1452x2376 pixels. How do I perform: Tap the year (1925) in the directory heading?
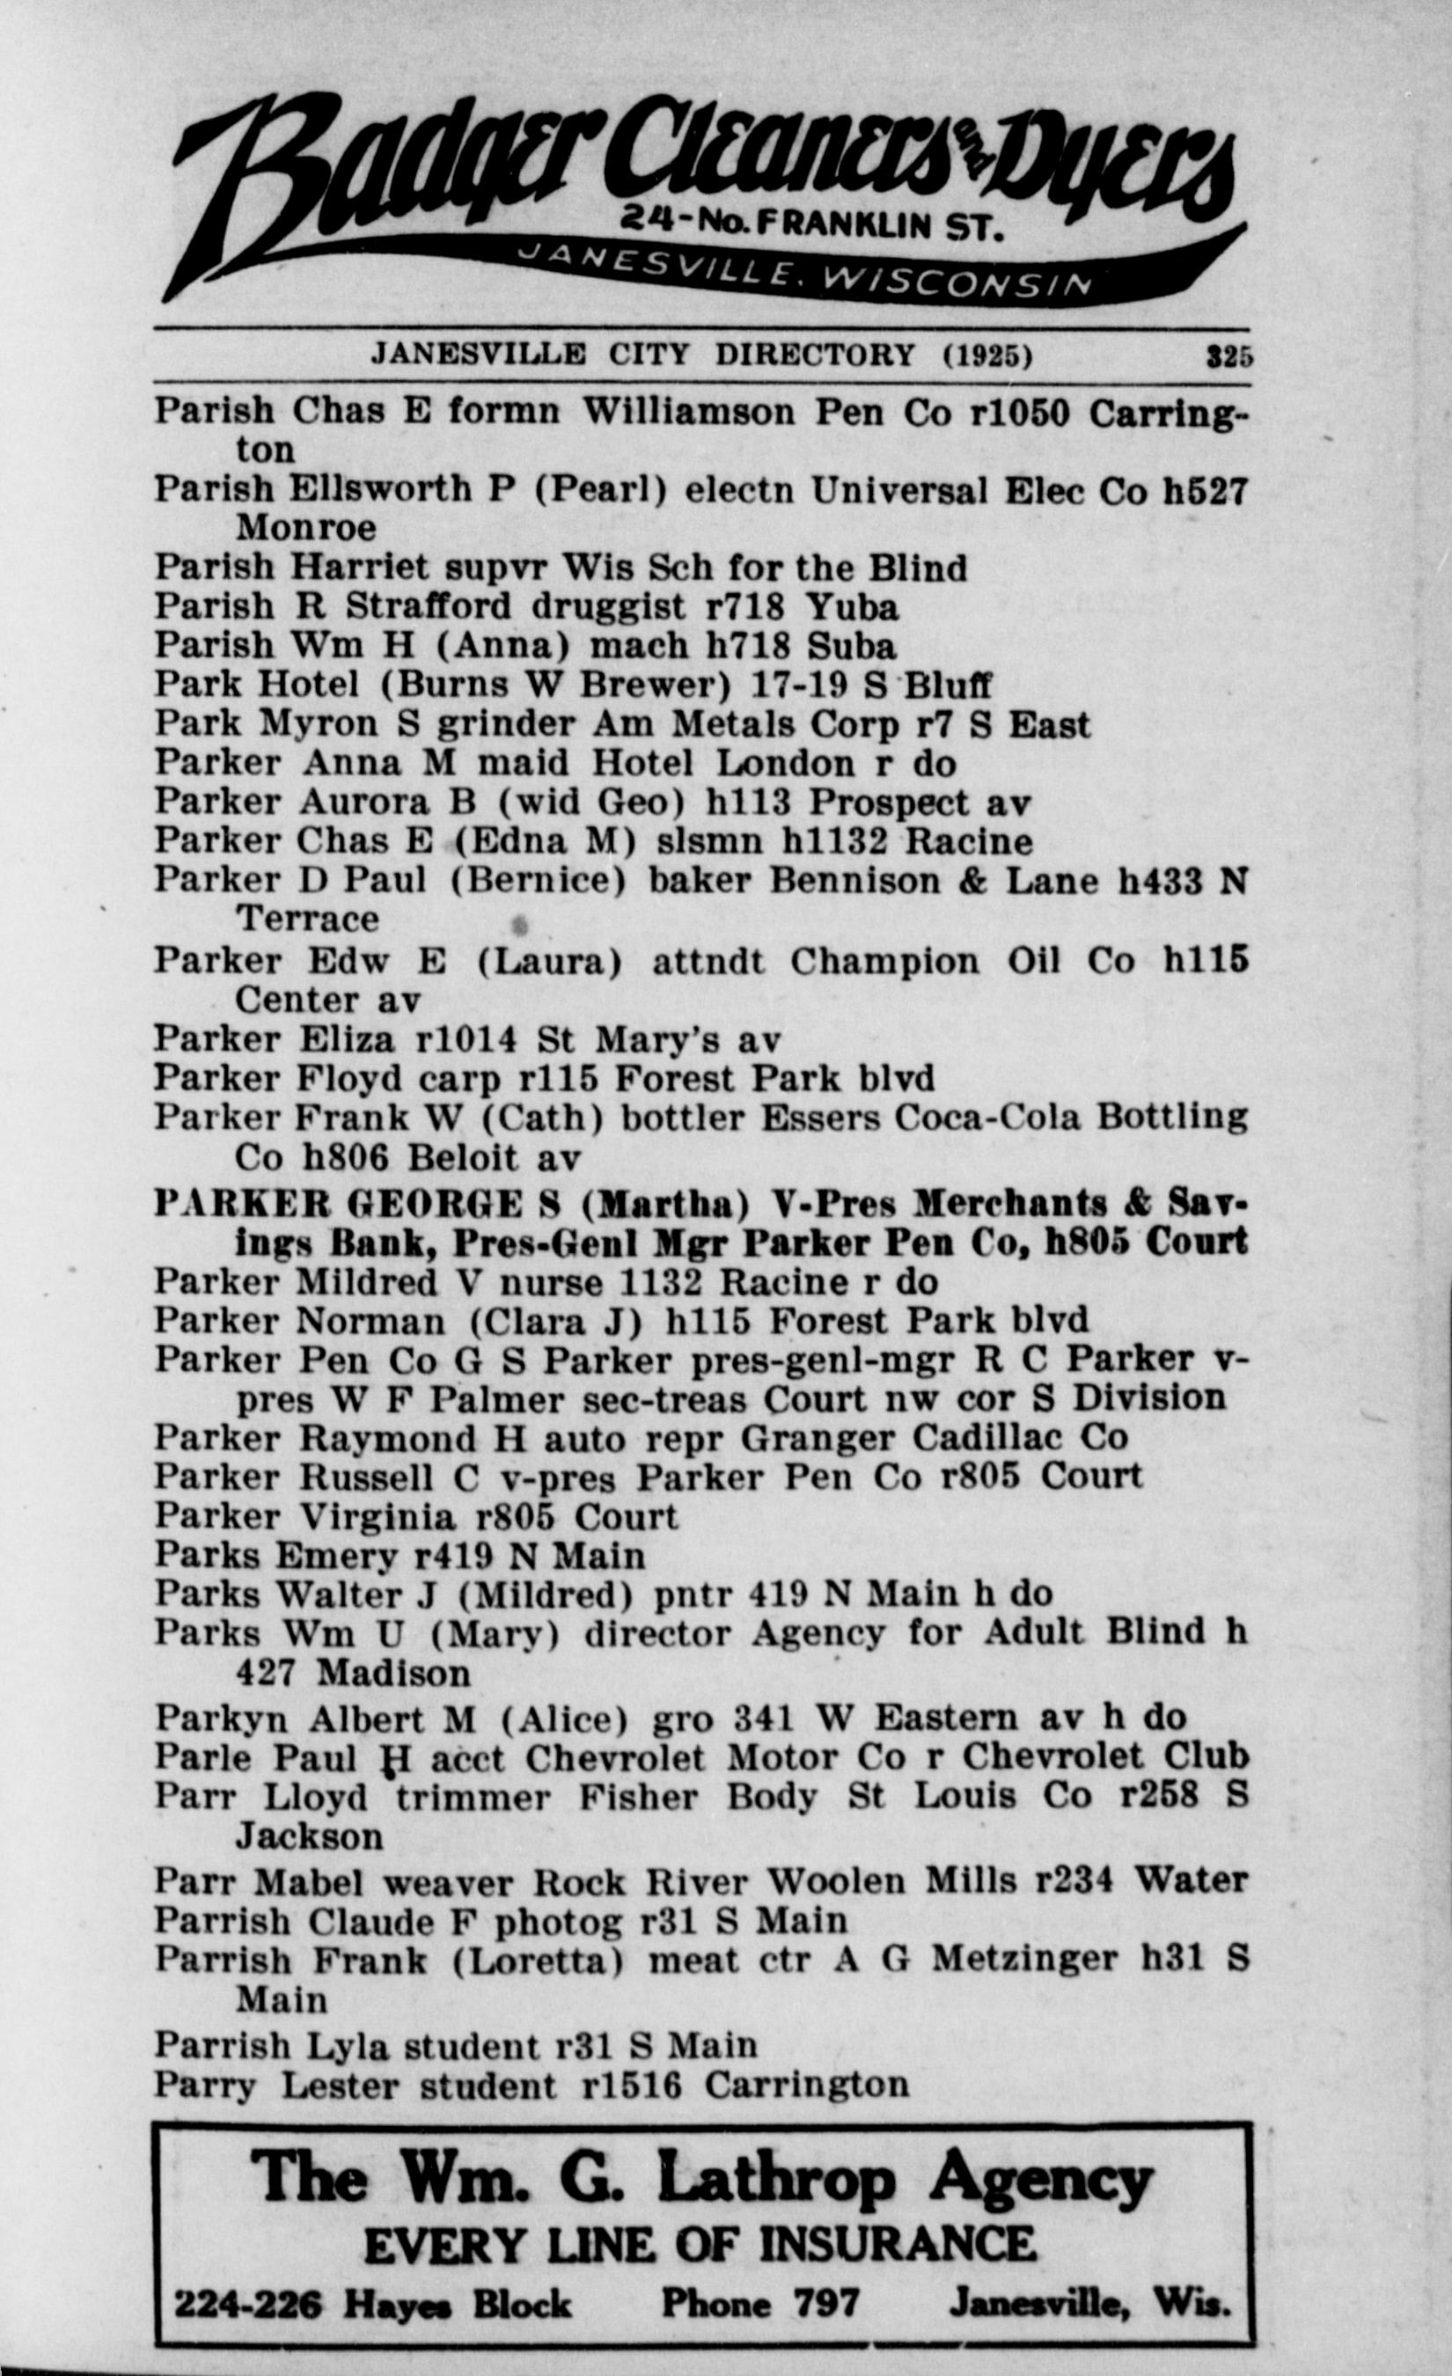(987, 356)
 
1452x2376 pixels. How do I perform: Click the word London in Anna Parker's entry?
(785, 764)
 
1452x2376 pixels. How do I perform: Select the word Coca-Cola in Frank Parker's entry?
(988, 1118)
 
